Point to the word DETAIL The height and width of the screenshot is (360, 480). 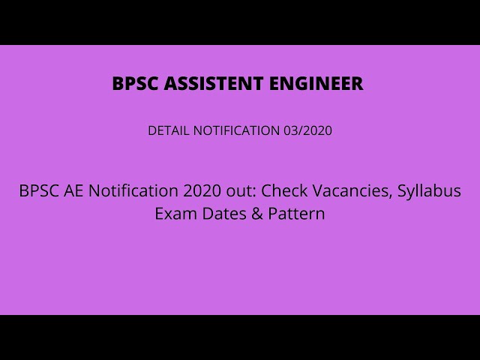click(x=169, y=130)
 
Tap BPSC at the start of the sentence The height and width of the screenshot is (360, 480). click(x=37, y=191)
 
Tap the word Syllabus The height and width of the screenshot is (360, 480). click(x=430, y=192)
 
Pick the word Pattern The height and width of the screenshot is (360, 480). click(x=296, y=214)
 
